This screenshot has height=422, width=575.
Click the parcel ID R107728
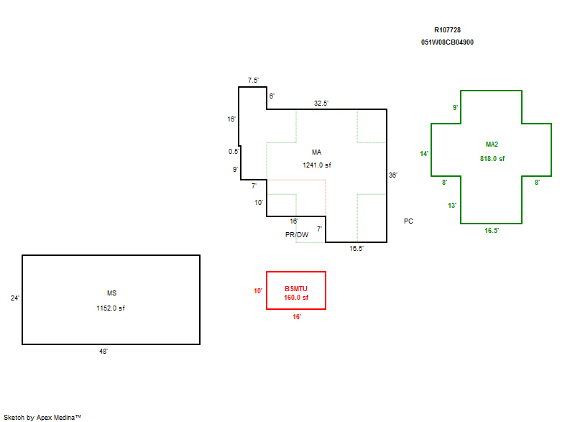tap(447, 30)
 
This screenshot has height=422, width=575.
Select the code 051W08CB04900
tap(447, 42)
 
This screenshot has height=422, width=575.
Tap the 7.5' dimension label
tap(253, 80)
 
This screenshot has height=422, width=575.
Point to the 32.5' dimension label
tap(321, 103)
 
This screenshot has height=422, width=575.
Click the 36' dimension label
tap(392, 175)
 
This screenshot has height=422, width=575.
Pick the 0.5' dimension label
tap(234, 151)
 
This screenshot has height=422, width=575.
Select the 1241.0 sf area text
tap(317, 165)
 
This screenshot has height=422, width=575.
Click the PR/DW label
tap(297, 234)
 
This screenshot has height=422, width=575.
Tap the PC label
tap(408, 221)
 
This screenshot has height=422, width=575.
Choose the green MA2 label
tap(492, 144)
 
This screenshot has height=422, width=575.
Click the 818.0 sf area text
tap(492, 158)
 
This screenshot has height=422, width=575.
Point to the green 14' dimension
tap(424, 154)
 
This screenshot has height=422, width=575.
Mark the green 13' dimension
tap(452, 206)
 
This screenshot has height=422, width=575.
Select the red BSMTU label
tap(296, 288)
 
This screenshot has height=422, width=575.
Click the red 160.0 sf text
tap(296, 298)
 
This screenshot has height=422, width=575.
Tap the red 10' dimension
tap(258, 290)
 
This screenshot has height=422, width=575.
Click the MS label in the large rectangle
tap(111, 293)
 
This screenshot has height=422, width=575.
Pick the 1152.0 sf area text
tap(111, 308)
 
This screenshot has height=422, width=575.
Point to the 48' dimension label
tap(103, 352)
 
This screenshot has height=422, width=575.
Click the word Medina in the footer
tap(64, 417)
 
